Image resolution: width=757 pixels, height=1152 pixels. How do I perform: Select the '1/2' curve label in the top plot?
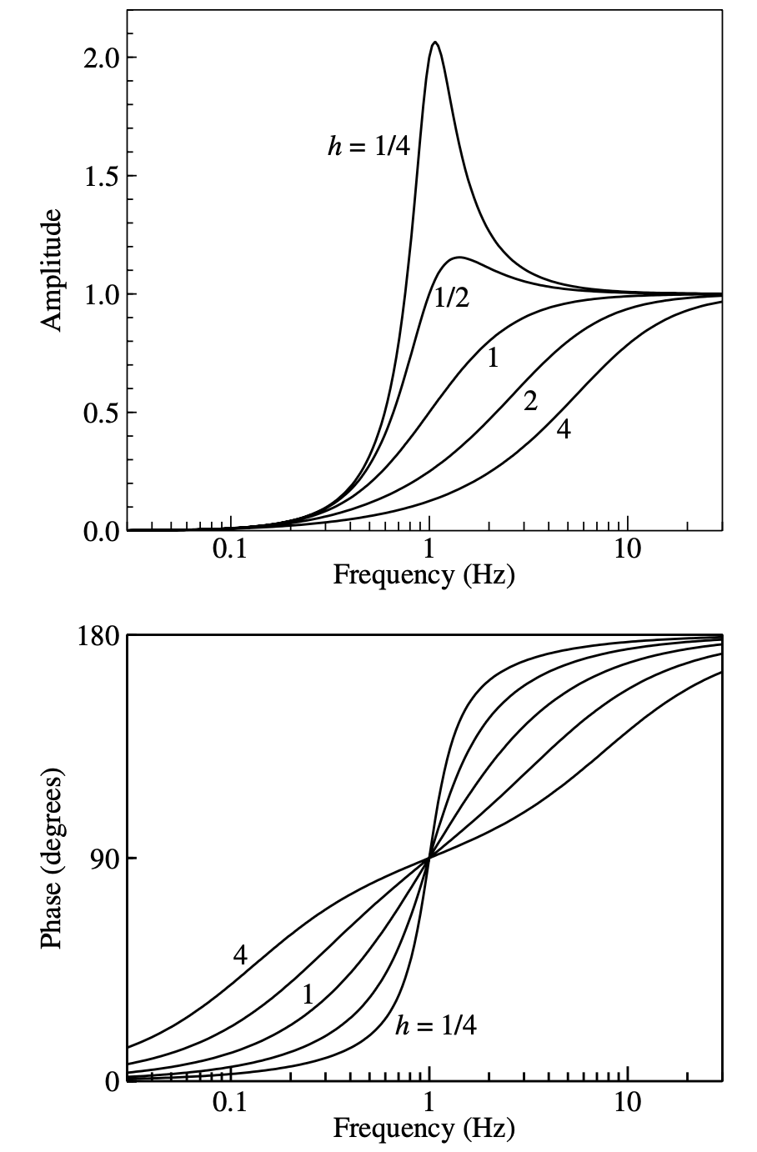(x=452, y=298)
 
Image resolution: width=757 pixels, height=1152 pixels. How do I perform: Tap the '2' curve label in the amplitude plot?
(x=530, y=402)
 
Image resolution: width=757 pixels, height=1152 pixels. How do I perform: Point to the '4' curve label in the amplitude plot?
(x=564, y=429)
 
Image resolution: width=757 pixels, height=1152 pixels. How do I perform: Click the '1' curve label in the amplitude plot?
(x=493, y=358)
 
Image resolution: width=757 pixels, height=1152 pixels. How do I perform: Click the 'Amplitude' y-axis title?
(x=53, y=271)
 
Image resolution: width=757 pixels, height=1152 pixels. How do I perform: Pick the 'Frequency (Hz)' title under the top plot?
(x=424, y=575)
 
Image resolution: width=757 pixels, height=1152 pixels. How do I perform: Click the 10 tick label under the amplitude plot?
(x=627, y=550)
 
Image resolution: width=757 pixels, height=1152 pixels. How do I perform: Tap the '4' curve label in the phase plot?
(x=240, y=955)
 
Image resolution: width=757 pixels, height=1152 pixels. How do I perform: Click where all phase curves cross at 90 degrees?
(x=429, y=858)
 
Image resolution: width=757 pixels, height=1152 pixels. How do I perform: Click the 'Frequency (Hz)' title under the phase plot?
(x=424, y=1129)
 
